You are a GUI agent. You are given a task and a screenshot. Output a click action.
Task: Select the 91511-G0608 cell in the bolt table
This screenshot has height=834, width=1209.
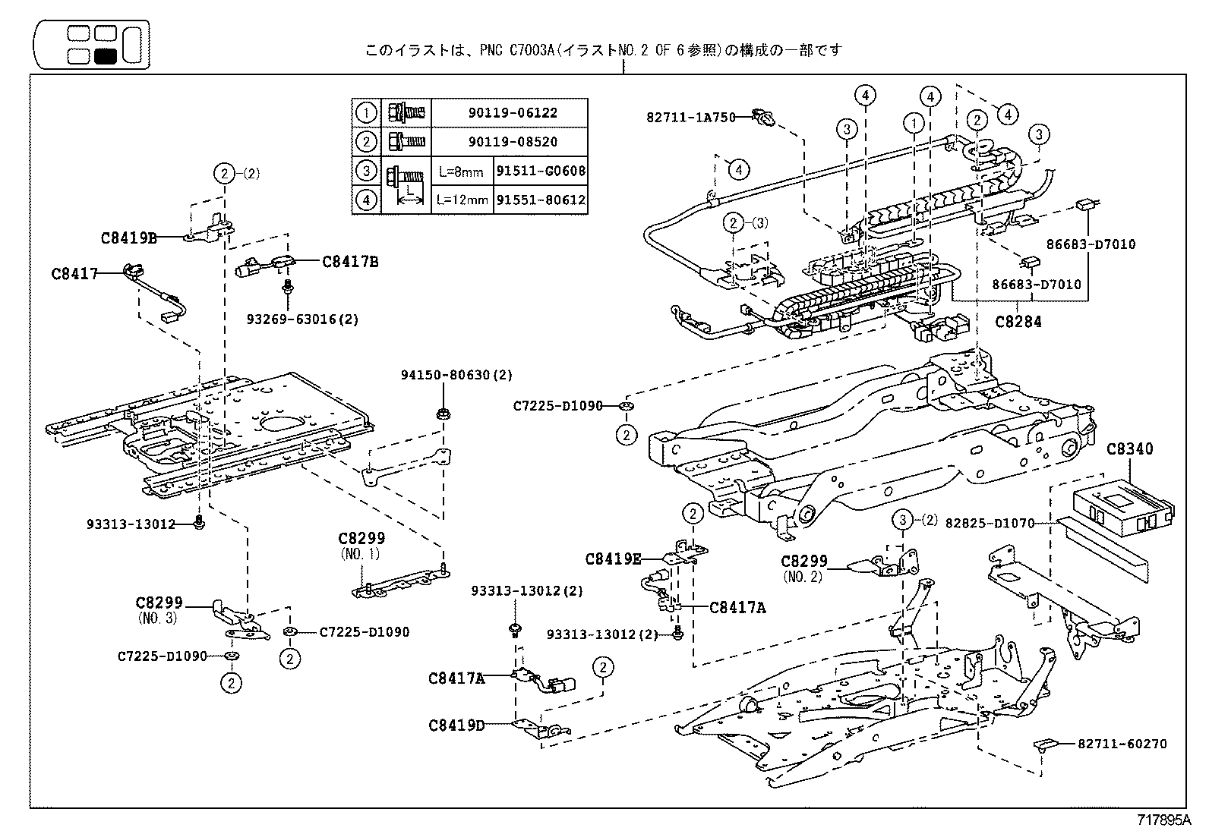tap(541, 172)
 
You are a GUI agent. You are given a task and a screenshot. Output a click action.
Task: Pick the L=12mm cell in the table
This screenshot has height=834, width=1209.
tap(462, 200)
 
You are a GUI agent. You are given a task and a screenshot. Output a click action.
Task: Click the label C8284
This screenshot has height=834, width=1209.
tap(1018, 321)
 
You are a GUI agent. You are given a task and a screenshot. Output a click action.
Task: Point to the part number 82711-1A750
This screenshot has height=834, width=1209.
tap(691, 118)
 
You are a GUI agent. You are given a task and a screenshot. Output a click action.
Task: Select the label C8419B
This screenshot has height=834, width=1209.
tap(128, 238)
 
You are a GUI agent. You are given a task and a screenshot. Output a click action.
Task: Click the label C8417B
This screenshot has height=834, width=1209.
tap(350, 262)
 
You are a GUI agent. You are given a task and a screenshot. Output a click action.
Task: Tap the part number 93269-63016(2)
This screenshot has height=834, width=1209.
tap(302, 319)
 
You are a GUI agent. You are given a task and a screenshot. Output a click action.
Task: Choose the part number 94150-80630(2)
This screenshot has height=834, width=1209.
tap(457, 375)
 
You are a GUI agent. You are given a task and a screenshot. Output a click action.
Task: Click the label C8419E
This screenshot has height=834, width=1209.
tap(613, 559)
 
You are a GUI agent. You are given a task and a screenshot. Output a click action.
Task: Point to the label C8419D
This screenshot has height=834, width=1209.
tap(456, 725)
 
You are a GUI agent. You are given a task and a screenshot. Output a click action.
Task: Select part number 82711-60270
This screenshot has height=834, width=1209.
tap(1122, 744)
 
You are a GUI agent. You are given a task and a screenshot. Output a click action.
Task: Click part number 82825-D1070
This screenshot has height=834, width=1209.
tap(990, 523)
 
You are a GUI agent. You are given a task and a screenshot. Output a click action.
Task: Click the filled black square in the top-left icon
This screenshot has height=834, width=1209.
tap(106, 55)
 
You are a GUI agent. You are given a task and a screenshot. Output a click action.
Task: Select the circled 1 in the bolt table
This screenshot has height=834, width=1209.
tap(366, 113)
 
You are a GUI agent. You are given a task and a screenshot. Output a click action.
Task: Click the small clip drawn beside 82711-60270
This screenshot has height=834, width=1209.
tap(1046, 744)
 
